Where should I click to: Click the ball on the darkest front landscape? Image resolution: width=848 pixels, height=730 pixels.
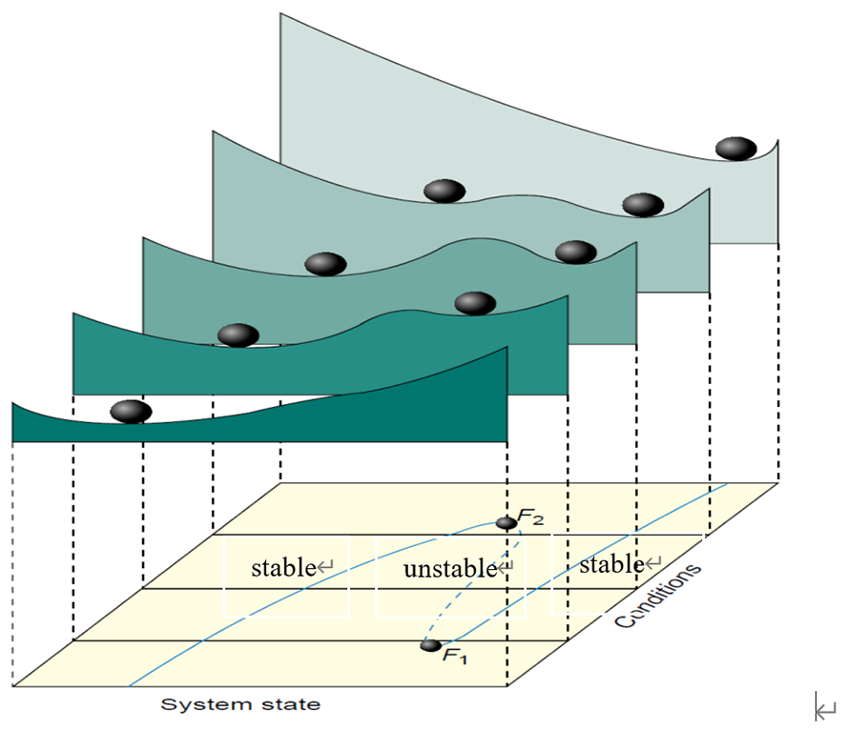(x=131, y=412)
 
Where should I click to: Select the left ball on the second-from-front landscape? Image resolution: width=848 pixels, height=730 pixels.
(x=238, y=335)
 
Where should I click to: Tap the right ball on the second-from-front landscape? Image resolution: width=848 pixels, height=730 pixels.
(x=474, y=303)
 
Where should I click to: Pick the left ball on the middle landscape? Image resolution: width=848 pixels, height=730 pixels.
(x=325, y=264)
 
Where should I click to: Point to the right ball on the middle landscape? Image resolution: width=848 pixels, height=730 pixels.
(x=576, y=252)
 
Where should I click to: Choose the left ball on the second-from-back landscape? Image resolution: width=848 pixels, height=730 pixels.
(x=445, y=191)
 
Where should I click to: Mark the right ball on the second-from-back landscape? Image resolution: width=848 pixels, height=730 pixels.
(x=643, y=204)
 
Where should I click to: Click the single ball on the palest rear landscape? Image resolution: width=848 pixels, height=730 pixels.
(x=735, y=148)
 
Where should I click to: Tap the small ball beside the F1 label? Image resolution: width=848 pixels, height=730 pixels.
(x=431, y=645)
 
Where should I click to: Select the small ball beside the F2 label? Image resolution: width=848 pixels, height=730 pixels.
(x=507, y=523)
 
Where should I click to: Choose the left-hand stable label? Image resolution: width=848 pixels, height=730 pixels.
(x=282, y=568)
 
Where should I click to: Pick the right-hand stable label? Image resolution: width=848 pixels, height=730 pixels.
(x=610, y=564)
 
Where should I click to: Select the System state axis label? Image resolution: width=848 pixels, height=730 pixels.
(x=239, y=705)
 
